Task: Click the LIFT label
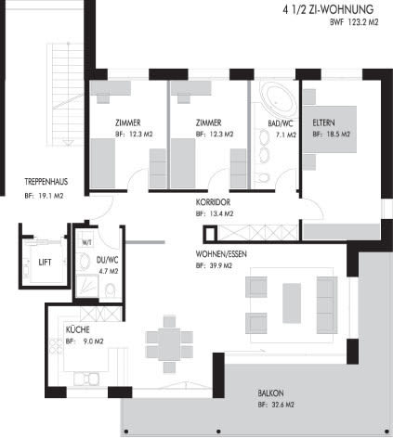tap(45, 263)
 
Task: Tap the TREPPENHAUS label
tap(46, 182)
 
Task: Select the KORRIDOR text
tap(213, 202)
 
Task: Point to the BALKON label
tap(270, 393)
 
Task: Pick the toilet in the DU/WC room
tap(110, 290)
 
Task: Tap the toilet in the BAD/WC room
tap(264, 177)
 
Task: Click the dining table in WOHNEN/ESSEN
tap(169, 344)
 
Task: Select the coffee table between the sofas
tap(292, 303)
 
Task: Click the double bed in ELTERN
tap(330, 129)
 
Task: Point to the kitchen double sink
tap(86, 379)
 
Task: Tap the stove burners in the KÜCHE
tap(57, 346)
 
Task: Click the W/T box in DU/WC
tap(87, 242)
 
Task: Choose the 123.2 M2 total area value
tap(363, 22)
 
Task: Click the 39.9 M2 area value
tap(220, 265)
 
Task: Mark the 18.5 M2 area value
tap(337, 135)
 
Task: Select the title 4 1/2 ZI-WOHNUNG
tap(328, 9)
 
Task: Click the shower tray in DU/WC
tap(87, 286)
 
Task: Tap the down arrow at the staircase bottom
tap(68, 143)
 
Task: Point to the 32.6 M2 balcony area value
tap(282, 405)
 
